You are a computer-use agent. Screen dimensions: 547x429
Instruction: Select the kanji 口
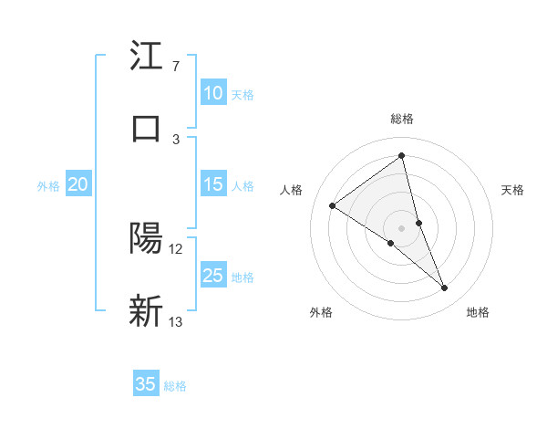pos(147,128)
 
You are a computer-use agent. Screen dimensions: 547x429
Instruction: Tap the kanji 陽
pos(147,239)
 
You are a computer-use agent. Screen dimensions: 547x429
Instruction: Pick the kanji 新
pos(147,310)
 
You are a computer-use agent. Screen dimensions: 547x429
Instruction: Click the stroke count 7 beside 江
pos(175,67)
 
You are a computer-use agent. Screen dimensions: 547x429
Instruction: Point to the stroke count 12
pos(176,249)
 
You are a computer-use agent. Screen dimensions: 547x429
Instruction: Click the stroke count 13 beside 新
pos(176,321)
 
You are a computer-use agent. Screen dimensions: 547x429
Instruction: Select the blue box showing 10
pos(212,93)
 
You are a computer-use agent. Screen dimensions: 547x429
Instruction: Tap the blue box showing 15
pos(212,184)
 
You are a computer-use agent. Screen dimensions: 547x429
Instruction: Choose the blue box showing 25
pos(212,276)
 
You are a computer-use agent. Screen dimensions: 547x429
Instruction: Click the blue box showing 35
pos(146,384)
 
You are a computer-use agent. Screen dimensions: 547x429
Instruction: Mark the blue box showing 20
pos(77,184)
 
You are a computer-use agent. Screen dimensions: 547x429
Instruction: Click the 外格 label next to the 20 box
pos(48,186)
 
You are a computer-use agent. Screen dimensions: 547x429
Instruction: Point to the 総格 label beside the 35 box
pos(175,386)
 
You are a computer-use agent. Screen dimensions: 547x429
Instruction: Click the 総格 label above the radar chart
pos(402,119)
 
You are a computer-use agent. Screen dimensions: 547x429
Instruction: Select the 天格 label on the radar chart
pos(513,190)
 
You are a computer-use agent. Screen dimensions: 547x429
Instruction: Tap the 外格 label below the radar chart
pos(321,312)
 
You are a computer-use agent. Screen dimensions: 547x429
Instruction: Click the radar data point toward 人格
pos(333,205)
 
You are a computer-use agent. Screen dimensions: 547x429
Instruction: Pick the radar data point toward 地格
pos(445,288)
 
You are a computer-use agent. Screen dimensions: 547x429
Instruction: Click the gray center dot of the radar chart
pos(402,227)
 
